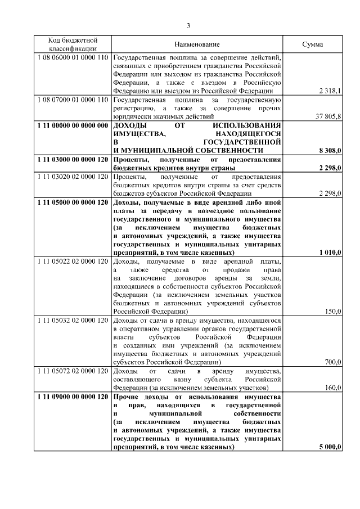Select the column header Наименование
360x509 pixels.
[197, 44]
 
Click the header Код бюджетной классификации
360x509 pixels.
[72, 44]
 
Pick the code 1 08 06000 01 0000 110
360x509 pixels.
[72, 57]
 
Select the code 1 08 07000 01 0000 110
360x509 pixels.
[72, 100]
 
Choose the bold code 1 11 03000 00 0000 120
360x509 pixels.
[72, 160]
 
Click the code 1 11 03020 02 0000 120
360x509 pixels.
[72, 177]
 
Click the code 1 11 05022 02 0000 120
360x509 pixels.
[72, 262]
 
